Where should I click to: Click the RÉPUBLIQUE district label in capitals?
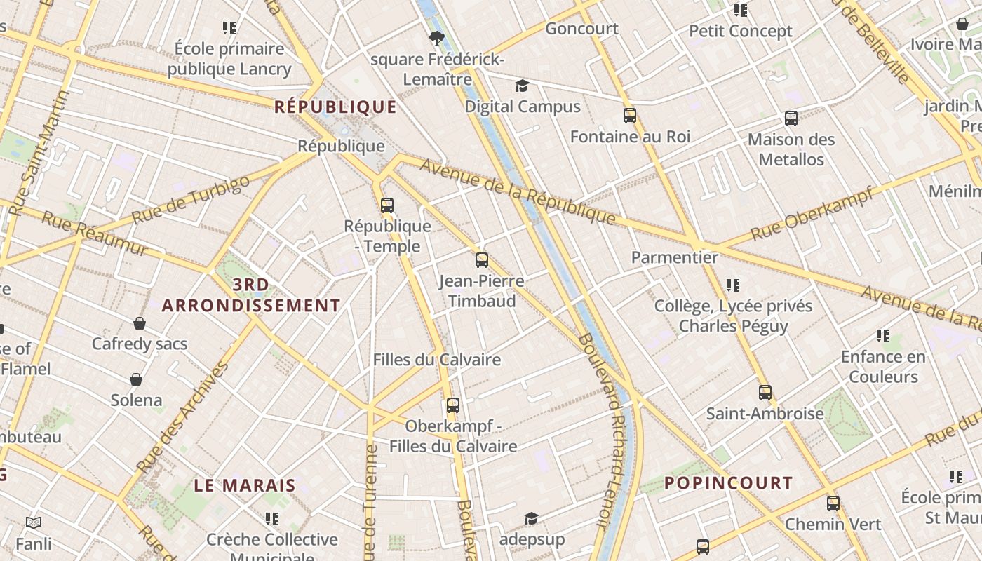point(335,107)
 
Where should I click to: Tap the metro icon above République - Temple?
point(386,205)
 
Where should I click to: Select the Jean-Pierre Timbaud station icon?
point(481,260)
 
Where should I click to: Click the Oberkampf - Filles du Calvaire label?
point(453,436)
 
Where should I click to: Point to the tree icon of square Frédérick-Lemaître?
point(437,38)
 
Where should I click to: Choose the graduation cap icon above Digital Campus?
point(522,86)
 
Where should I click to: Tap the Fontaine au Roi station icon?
point(630,116)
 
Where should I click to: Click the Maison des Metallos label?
point(791,149)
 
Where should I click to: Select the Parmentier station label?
point(675,257)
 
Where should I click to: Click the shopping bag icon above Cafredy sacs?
point(140,323)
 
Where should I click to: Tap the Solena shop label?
point(136,400)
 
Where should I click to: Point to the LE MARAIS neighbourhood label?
point(245,485)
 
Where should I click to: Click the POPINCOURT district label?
point(728,483)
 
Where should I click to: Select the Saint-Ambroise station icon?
point(765,393)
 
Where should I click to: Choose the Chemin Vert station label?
point(833,524)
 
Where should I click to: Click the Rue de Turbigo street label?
point(190,201)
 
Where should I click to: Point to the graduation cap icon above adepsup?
point(531,519)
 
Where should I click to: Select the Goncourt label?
point(581,29)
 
